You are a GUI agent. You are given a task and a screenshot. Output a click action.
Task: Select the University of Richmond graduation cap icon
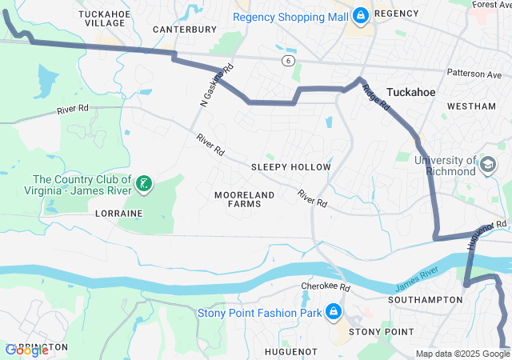[x=486, y=166]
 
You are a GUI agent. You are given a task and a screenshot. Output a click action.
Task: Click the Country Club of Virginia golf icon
[x=144, y=185]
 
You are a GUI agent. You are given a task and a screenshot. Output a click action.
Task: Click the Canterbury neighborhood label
[x=185, y=30]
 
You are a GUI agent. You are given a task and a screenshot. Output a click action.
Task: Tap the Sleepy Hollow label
[x=290, y=167]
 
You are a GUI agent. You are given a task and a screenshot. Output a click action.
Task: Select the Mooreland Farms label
[x=245, y=199]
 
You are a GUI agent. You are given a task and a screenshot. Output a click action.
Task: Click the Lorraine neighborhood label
[x=118, y=214]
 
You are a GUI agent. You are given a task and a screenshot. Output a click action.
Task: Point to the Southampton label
[x=425, y=300]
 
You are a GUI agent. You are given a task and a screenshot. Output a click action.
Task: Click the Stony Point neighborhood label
[x=381, y=331]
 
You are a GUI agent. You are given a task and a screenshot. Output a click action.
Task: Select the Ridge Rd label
[x=376, y=98]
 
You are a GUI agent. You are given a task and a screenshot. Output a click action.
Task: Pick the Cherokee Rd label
[x=326, y=286]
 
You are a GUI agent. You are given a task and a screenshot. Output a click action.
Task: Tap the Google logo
[x=26, y=350]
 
